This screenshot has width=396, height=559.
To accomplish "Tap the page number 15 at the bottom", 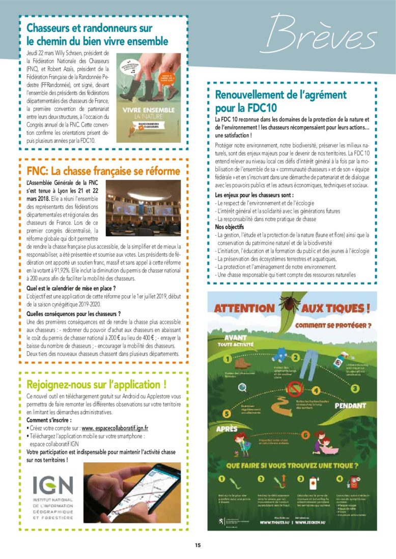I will (197, 545).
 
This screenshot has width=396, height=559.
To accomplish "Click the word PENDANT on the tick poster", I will (350, 406).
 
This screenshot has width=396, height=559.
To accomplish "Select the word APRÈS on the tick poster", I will (227, 429).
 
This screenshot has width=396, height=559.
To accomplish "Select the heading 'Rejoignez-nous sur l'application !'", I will (96, 384).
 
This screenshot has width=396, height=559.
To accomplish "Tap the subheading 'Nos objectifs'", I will (229, 227).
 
